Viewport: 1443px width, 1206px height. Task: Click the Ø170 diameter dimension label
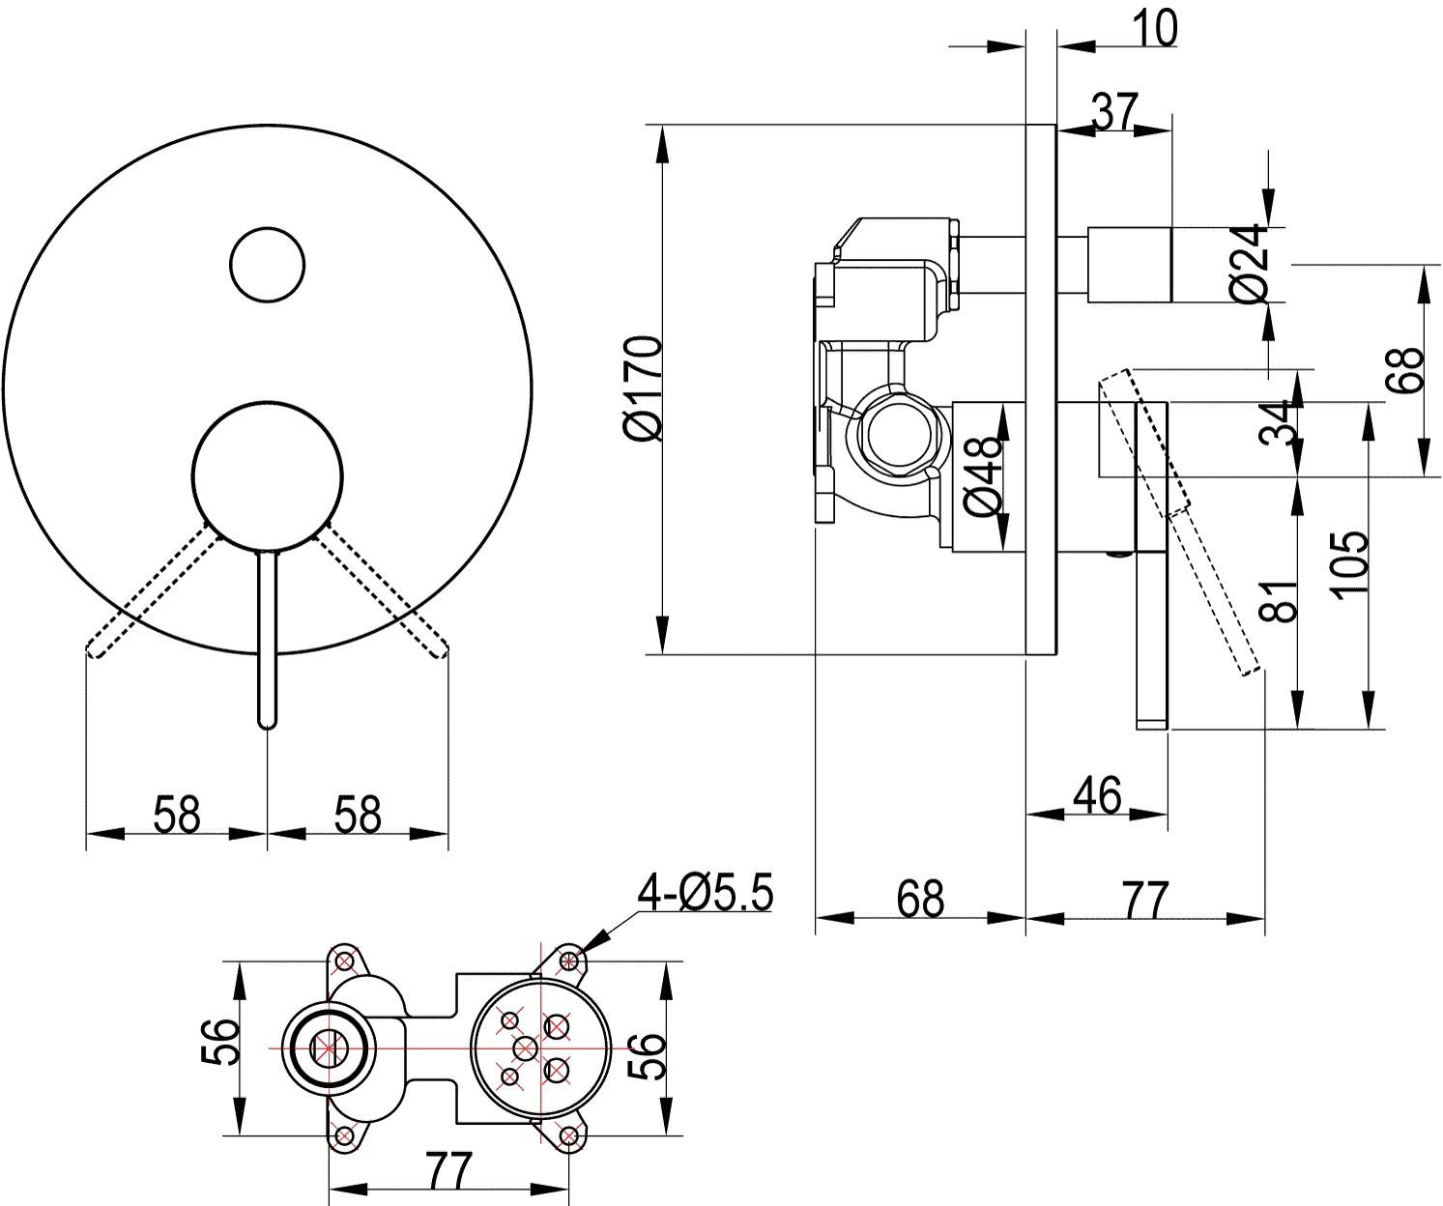coord(643,388)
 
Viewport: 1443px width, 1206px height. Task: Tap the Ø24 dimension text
coord(1251,263)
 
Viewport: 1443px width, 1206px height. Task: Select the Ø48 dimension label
coord(983,476)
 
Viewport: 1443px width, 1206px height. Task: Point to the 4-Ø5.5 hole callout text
coord(705,893)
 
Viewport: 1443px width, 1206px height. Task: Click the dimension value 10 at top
coord(1154,29)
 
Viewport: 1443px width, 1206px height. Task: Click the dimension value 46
coord(1097,795)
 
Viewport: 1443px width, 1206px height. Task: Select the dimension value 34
coord(1275,422)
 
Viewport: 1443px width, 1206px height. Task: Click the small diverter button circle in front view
coord(267,265)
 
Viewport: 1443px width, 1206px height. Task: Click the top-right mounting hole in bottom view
coord(568,961)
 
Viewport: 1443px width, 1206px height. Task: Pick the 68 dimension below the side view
coord(920,899)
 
